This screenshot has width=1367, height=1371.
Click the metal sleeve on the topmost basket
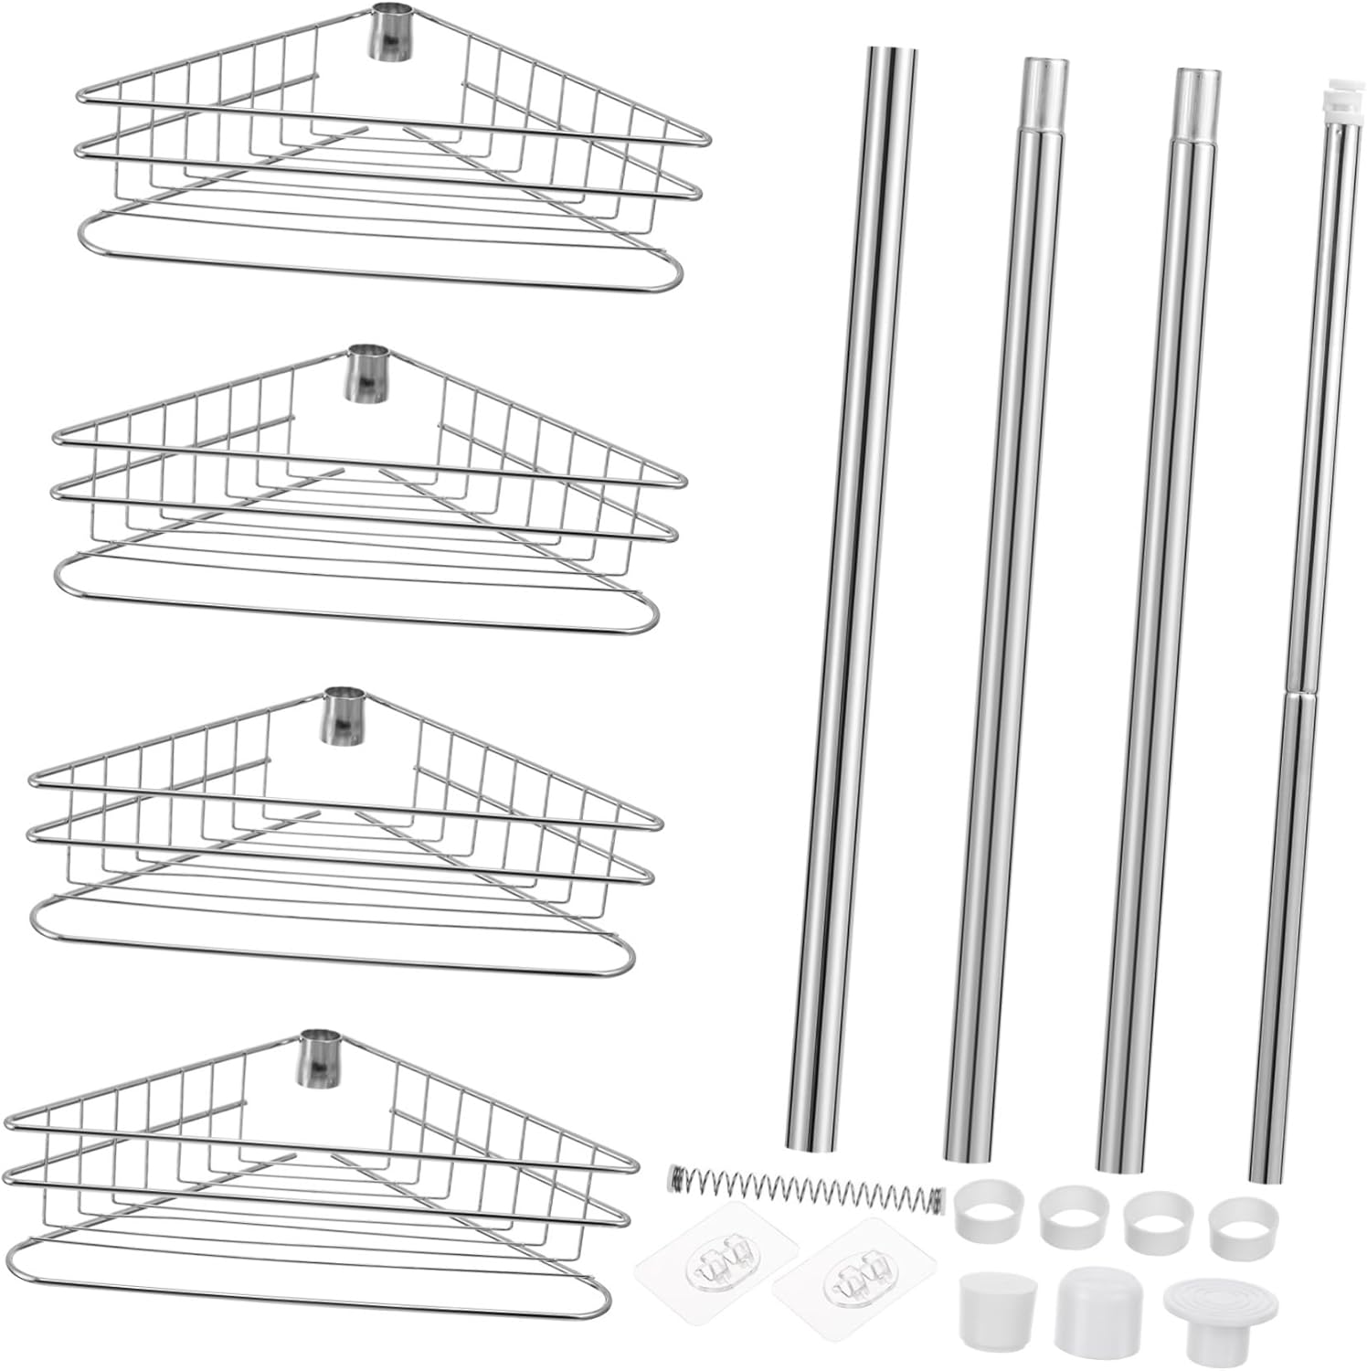click(387, 32)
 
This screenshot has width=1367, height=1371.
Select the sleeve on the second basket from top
click(365, 373)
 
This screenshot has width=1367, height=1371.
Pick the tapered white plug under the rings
click(990, 1308)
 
